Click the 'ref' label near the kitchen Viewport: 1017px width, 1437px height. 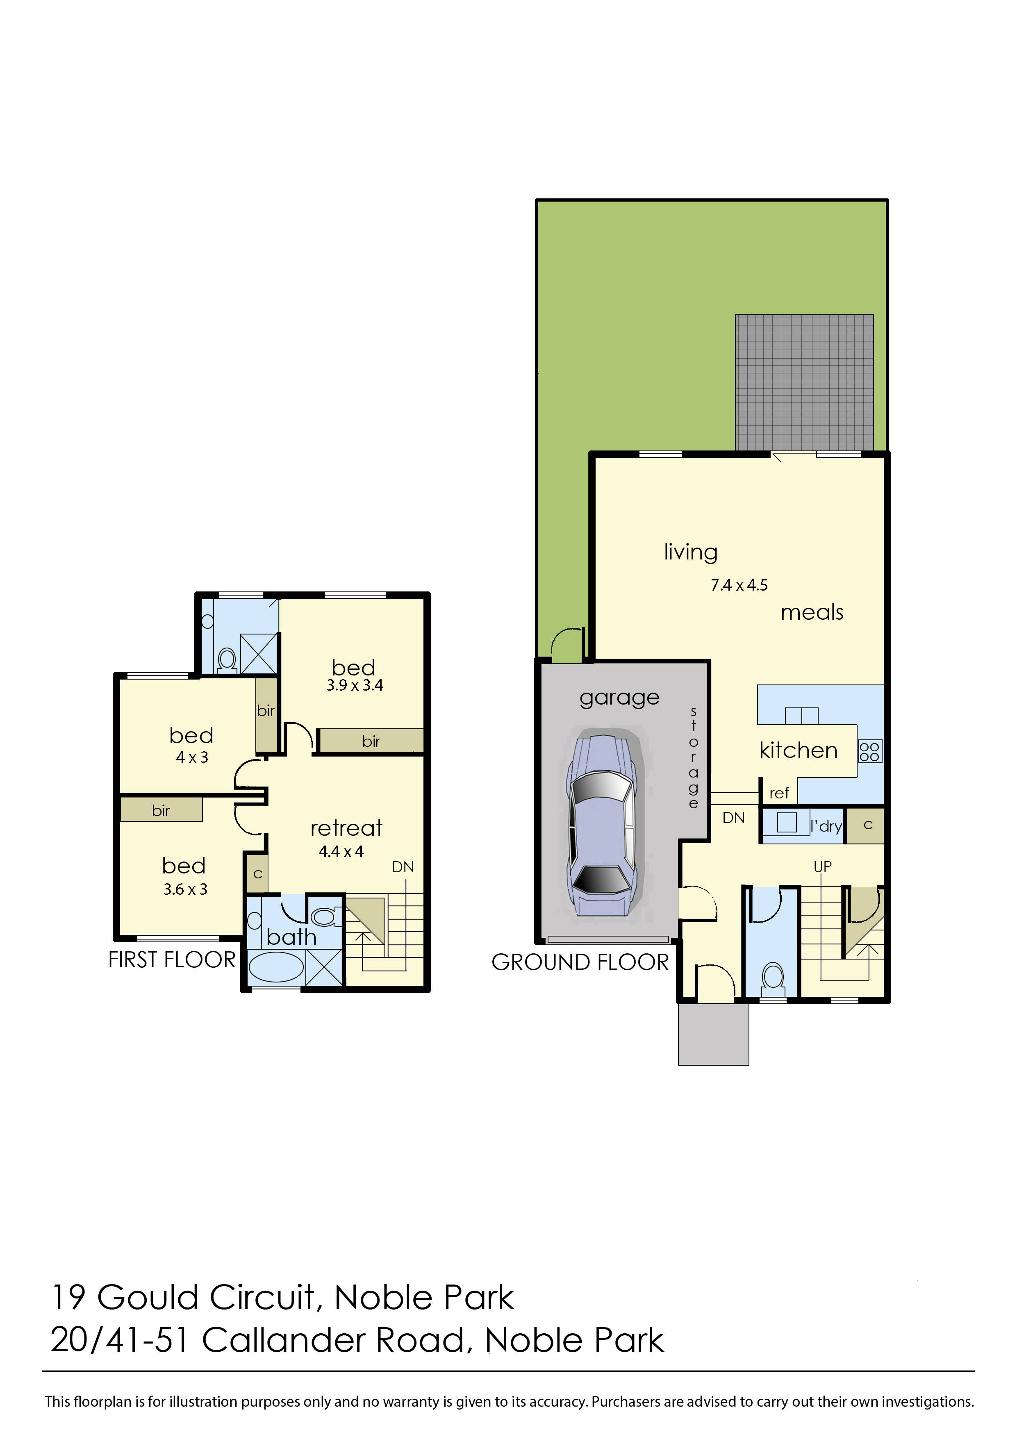(779, 794)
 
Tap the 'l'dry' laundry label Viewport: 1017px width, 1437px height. (826, 827)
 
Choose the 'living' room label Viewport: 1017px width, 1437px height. (690, 552)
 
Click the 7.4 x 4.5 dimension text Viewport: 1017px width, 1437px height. (739, 585)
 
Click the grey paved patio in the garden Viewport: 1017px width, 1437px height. (804, 382)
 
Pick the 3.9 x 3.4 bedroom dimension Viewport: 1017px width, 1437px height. (355, 686)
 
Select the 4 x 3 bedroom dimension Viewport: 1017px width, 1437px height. (191, 757)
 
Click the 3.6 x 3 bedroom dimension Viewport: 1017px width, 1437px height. (185, 889)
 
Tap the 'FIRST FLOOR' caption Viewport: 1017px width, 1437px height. (172, 960)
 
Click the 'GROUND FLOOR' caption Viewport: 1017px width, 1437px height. (580, 962)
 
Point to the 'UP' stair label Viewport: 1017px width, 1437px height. (822, 866)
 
